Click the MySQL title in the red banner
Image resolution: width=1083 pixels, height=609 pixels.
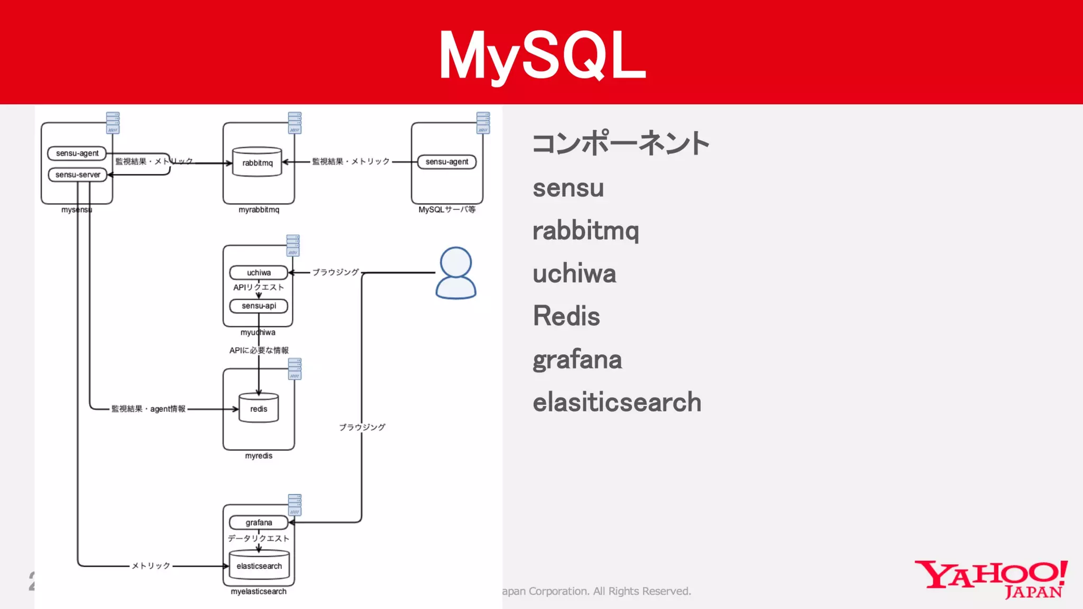point(542,55)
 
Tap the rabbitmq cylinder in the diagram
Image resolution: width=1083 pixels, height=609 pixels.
point(258,162)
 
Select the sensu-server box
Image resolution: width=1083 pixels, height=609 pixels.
point(78,174)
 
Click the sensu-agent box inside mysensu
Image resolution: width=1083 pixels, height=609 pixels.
point(77,153)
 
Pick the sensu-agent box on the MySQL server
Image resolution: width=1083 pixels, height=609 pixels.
point(447,162)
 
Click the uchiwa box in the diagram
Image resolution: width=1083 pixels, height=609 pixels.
point(259,273)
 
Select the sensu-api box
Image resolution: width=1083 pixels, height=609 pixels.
point(259,306)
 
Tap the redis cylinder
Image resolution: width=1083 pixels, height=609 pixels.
point(259,408)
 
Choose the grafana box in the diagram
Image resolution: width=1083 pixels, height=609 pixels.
point(259,522)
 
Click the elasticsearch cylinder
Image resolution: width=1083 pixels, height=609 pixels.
point(259,565)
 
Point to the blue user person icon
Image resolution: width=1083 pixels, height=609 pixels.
point(456,273)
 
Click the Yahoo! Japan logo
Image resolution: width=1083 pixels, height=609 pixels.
point(991,579)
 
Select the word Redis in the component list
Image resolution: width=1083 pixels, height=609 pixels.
point(566,316)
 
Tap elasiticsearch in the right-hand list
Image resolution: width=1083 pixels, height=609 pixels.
point(617,402)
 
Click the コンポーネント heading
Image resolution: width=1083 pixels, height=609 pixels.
point(621,143)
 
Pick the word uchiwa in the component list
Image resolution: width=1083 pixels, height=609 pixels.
point(574,273)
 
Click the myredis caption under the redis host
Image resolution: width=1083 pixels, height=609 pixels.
point(259,456)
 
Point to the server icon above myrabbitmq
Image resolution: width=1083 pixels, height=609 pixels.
point(295,123)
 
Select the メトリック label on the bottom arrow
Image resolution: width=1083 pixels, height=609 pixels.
point(151,566)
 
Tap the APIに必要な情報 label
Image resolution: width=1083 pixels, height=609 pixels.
point(259,350)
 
